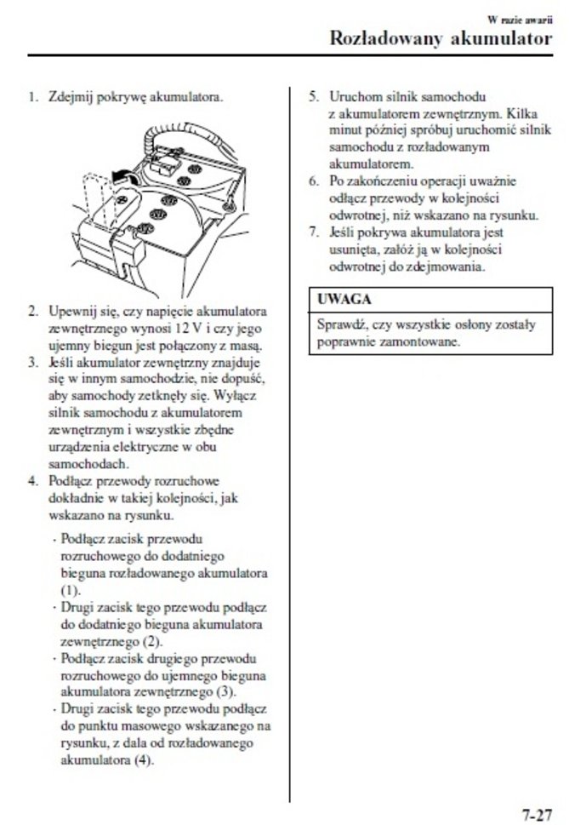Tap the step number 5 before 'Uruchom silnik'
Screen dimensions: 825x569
pos(313,96)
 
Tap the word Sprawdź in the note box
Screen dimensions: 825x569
pos(339,324)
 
